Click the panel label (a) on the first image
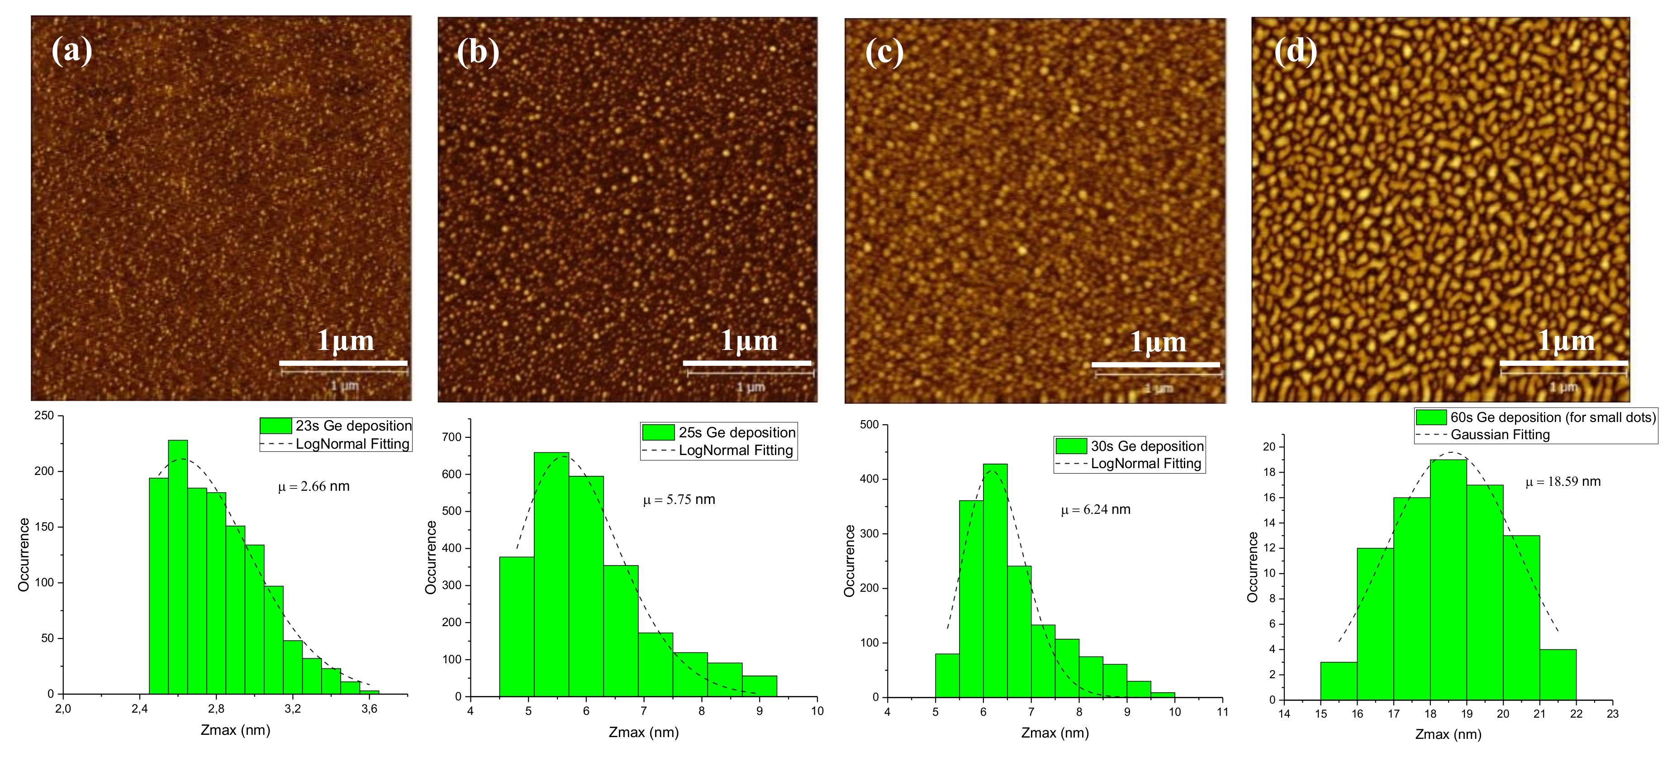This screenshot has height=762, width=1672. [x=71, y=51]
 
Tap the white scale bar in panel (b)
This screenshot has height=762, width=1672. [x=746, y=363]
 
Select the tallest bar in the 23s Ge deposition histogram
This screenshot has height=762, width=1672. [x=178, y=565]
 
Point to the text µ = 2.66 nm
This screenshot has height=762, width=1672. [x=313, y=487]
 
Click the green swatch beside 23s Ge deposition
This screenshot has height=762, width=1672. [x=275, y=426]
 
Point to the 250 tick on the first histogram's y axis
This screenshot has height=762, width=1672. [x=44, y=416]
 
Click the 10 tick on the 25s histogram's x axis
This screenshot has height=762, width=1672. [x=817, y=711]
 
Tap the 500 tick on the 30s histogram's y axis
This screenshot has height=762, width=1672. [x=869, y=425]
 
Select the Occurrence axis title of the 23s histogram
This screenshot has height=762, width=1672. [x=24, y=554]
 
